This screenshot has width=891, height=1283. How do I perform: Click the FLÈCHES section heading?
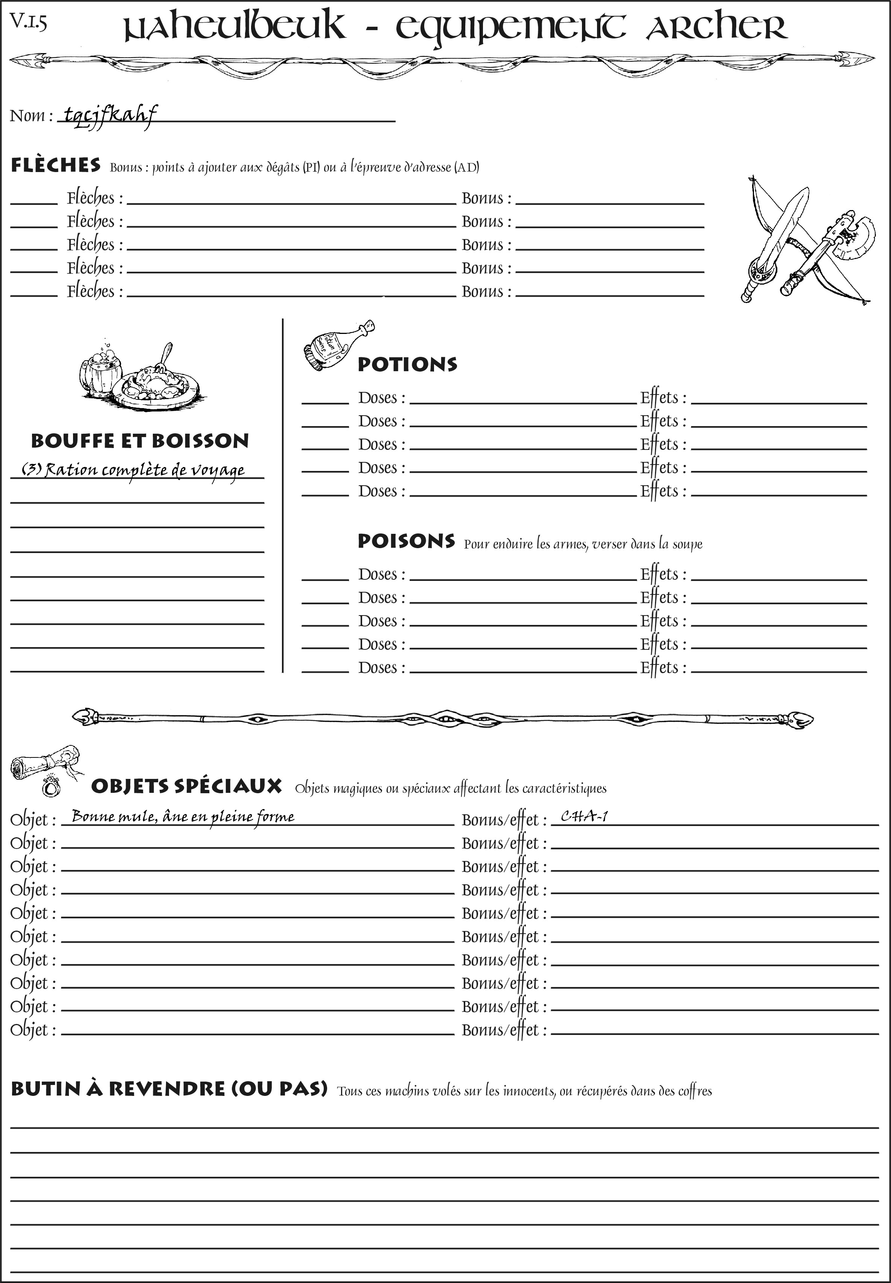[x=56, y=165]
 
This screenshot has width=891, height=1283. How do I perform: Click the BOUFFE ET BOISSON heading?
[x=140, y=441]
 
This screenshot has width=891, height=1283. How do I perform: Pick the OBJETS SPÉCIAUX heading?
[x=186, y=786]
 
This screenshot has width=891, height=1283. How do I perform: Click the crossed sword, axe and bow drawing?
[x=804, y=240]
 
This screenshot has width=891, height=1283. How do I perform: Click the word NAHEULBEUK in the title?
[x=235, y=28]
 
